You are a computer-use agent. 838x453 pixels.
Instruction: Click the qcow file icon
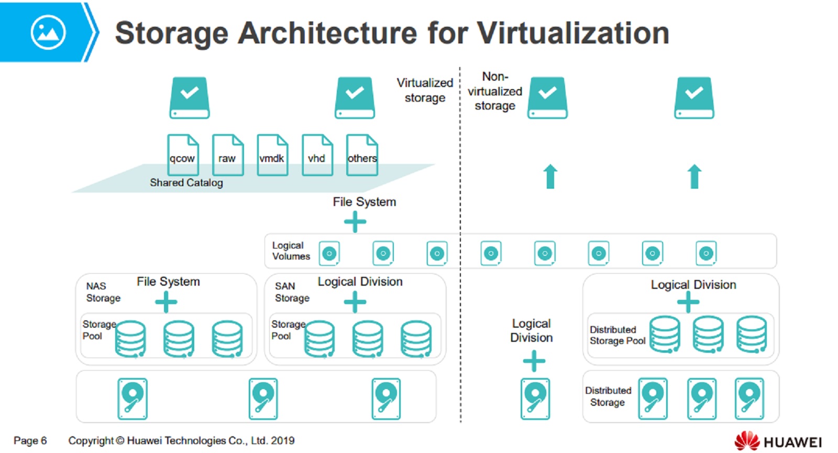[x=183, y=155]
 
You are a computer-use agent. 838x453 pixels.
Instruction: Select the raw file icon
[x=227, y=155]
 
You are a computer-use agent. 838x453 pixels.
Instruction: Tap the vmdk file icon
[x=272, y=155]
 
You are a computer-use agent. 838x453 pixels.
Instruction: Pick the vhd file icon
[x=317, y=155]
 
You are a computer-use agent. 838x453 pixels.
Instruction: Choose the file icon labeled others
[x=362, y=155]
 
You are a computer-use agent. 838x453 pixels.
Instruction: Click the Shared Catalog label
[x=186, y=182]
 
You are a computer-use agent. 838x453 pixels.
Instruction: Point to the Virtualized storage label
[x=425, y=90]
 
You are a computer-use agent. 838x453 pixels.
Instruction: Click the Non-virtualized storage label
[x=495, y=91]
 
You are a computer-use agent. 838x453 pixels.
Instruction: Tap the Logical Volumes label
[x=291, y=251]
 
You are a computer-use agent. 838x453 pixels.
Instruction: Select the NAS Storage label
[x=103, y=292]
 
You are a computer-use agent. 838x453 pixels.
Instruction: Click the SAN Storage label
[x=292, y=292]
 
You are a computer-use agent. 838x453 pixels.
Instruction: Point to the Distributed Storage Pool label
[x=617, y=335]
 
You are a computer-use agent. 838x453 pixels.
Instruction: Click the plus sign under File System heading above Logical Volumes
[x=355, y=222]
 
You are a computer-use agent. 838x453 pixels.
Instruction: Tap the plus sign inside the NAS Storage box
[x=166, y=302]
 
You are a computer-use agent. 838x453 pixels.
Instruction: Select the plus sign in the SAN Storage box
[x=355, y=302]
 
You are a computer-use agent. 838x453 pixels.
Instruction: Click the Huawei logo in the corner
[x=778, y=441]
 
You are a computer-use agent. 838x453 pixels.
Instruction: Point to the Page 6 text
[x=30, y=440]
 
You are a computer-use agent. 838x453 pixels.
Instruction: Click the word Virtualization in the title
[x=573, y=33]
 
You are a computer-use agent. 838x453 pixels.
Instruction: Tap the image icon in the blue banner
[x=48, y=33]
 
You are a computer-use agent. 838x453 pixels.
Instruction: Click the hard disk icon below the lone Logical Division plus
[x=535, y=399]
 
